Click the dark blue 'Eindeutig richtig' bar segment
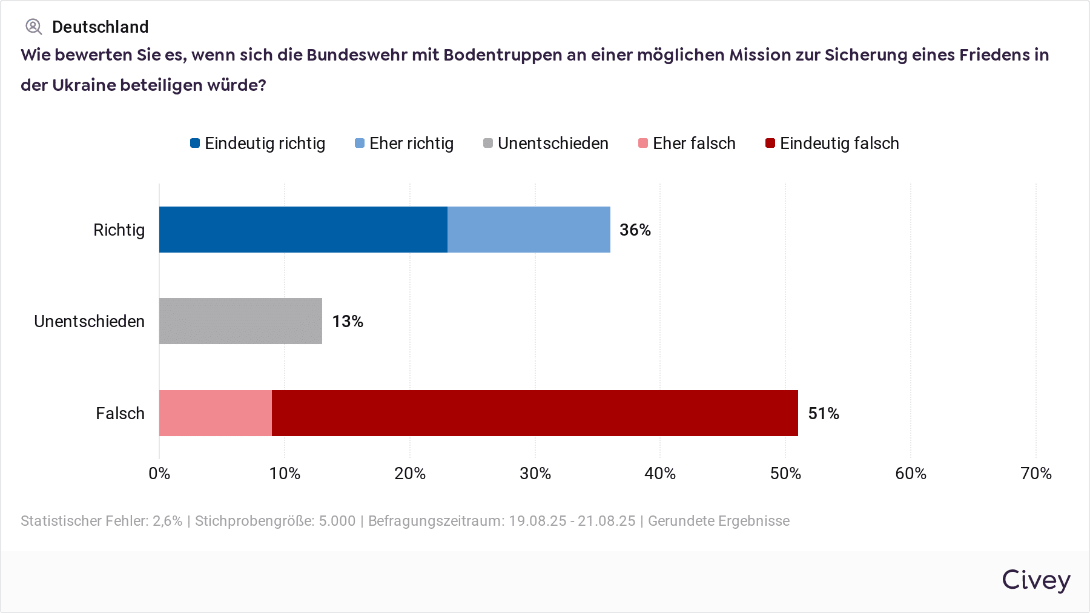click(x=303, y=230)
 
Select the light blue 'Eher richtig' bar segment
click(x=529, y=230)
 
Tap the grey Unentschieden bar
click(x=240, y=321)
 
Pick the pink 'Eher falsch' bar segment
click(x=216, y=413)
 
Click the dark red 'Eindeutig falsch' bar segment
click(x=535, y=413)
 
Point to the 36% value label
click(x=635, y=230)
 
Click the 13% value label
click(x=348, y=322)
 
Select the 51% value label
click(x=824, y=414)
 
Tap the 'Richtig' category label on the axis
click(x=119, y=230)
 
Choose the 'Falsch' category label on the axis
click(x=121, y=414)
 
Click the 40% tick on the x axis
click(x=660, y=474)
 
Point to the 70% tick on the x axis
click(x=1036, y=474)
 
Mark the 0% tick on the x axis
click(x=159, y=474)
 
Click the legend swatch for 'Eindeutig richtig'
click(x=195, y=144)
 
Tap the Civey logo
click(x=1036, y=580)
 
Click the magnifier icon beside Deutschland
click(x=33, y=27)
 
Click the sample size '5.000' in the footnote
click(x=337, y=521)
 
